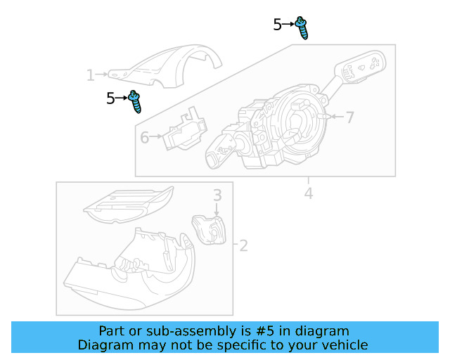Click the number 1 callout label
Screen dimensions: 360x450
(x=90, y=75)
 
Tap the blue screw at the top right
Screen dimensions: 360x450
(x=303, y=27)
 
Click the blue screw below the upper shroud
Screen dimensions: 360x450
(x=136, y=102)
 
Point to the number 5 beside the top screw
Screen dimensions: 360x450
(x=278, y=25)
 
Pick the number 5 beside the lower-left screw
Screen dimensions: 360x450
(x=110, y=98)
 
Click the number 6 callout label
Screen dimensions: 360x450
(x=144, y=137)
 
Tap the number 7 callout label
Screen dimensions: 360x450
(x=349, y=117)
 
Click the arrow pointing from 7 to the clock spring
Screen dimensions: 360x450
(x=334, y=116)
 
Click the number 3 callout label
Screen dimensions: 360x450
(x=218, y=195)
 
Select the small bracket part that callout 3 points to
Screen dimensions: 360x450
(x=208, y=229)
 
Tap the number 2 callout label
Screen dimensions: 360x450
(x=243, y=245)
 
